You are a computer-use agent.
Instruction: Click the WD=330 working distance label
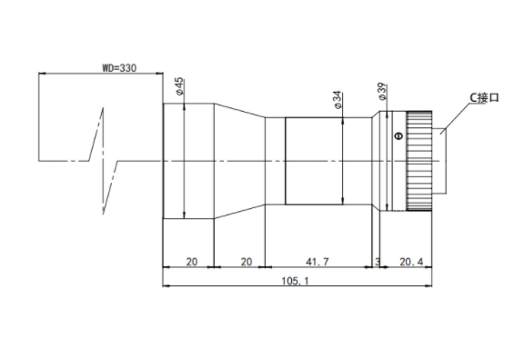[119, 68]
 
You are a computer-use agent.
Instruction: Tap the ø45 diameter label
[179, 86]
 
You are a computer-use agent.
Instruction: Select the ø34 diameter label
[338, 99]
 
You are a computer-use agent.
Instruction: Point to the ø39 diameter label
[382, 92]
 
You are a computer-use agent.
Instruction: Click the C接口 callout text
[484, 98]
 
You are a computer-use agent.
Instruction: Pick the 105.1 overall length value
[295, 281]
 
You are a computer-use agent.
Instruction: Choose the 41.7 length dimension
[317, 262]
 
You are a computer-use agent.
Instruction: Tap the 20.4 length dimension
[411, 262]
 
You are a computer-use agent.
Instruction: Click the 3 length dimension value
[378, 262]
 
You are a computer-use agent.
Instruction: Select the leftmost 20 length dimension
[191, 262]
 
